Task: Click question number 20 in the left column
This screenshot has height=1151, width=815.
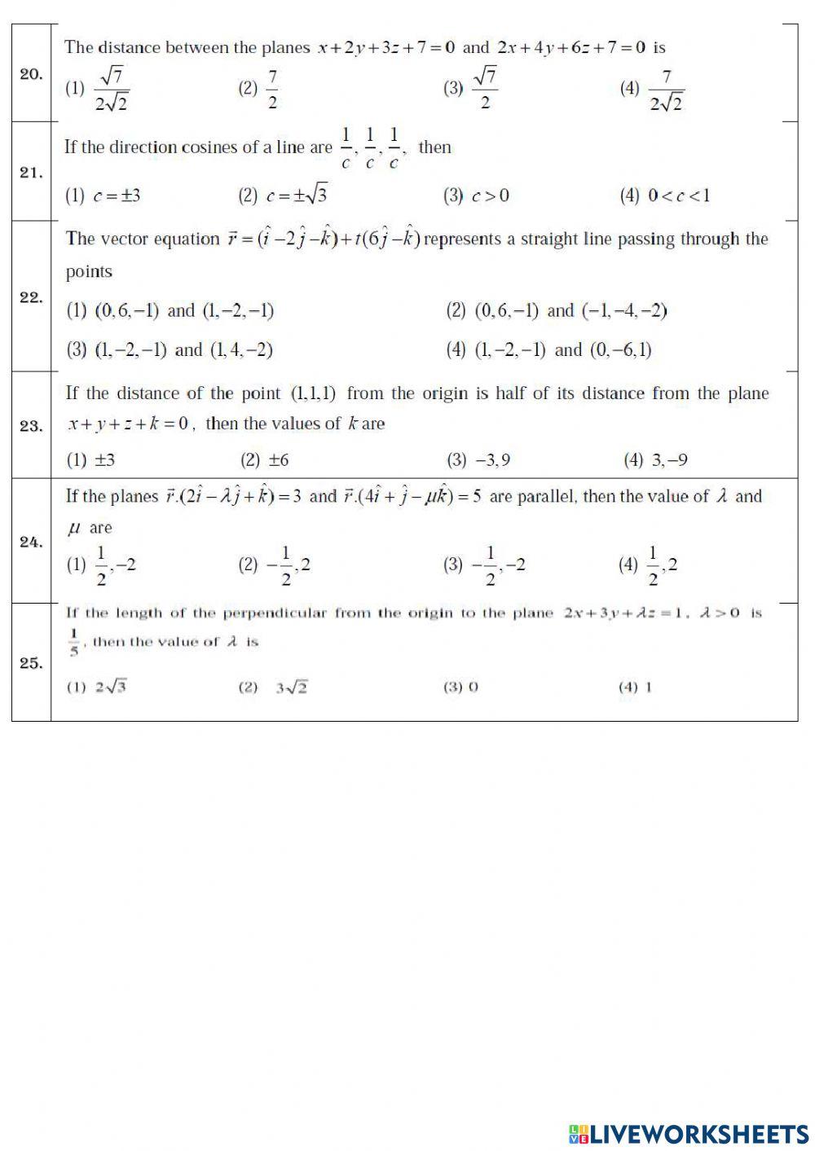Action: (x=31, y=74)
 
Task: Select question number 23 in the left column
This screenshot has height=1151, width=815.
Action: (x=31, y=426)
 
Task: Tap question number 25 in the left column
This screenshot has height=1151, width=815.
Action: (x=31, y=663)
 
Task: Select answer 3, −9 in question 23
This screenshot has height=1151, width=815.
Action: (x=656, y=460)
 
